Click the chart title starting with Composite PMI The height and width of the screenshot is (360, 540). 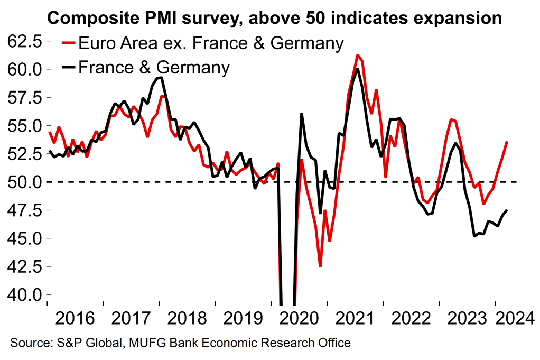(274, 18)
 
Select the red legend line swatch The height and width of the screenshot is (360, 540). (68, 42)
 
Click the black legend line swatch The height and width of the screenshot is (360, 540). (68, 67)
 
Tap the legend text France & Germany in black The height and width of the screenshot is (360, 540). (154, 67)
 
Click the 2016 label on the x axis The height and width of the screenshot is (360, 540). (75, 319)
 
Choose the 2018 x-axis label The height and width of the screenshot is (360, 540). (186, 319)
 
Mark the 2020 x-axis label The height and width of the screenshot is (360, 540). (299, 319)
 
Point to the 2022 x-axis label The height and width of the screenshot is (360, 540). (411, 319)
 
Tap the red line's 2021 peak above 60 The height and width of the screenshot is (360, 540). (358, 55)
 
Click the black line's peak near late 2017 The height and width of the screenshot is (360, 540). (161, 78)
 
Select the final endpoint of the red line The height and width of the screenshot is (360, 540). (507, 142)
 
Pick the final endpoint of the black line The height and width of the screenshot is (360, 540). (507, 210)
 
